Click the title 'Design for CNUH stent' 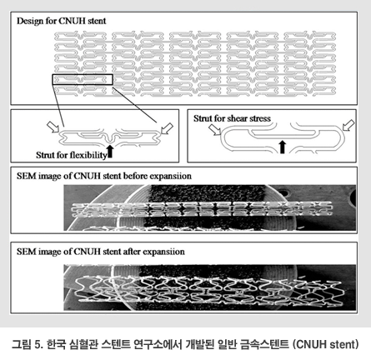pyautogui.click(x=62, y=21)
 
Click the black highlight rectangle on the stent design pyautogui.click(x=83, y=75)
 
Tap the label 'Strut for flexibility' pyautogui.click(x=72, y=155)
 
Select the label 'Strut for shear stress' pyautogui.click(x=232, y=118)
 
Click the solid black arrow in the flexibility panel pyautogui.click(x=110, y=152)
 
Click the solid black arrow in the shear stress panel pyautogui.click(x=283, y=147)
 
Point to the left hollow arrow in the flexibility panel pyautogui.click(x=53, y=127)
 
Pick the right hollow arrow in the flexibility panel pyautogui.click(x=167, y=128)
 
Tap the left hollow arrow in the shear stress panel pyautogui.click(x=215, y=129)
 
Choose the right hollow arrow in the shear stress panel pyautogui.click(x=348, y=125)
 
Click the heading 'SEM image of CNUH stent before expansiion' pyautogui.click(x=104, y=176)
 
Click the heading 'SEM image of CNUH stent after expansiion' pyautogui.click(x=101, y=252)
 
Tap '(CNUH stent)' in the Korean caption pyautogui.click(x=326, y=344)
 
